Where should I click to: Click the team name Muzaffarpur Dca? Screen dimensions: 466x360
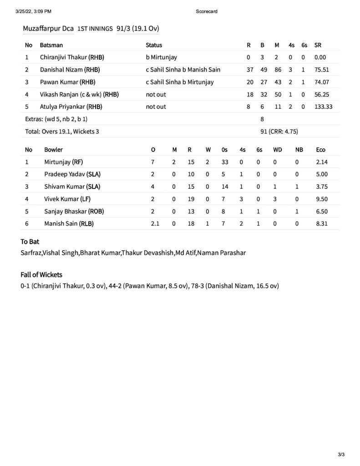pos(48,28)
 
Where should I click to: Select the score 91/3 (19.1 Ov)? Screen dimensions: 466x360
pos(137,28)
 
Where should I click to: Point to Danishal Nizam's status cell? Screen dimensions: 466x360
pos(183,70)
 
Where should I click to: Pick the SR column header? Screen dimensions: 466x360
pos(318,45)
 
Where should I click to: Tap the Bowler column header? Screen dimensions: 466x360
pos(54,149)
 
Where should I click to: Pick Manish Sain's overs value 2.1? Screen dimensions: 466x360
pos(156,223)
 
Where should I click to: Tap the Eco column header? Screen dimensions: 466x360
pos(320,149)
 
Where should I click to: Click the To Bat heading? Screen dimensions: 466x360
pos(30,242)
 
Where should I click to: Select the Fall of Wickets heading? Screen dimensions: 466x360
pos(41,274)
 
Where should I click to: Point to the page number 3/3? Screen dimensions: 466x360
pos(341,454)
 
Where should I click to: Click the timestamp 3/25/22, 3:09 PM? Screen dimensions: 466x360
pos(33,11)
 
